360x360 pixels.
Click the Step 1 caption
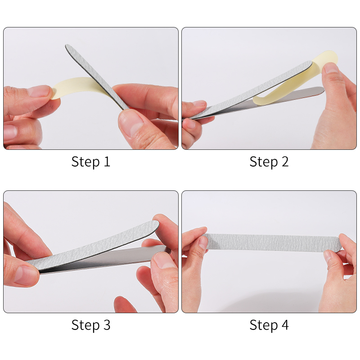pyautogui.click(x=90, y=162)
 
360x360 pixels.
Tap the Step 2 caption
pyautogui.click(x=269, y=162)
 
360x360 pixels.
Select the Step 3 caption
pyautogui.click(x=90, y=325)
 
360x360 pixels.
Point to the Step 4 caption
pyautogui.click(x=269, y=325)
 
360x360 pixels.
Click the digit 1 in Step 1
pyautogui.click(x=107, y=162)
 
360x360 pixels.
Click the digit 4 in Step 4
pyautogui.click(x=284, y=325)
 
